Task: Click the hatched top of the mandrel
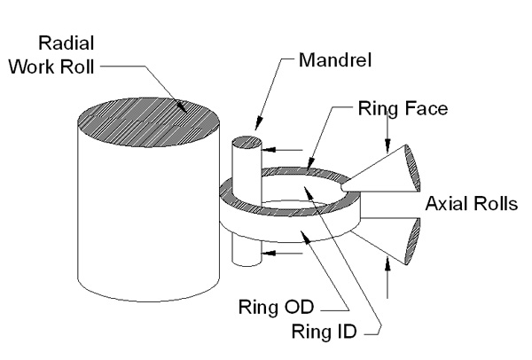[x=244, y=142]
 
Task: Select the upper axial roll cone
[x=381, y=172]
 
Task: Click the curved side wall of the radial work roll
[x=133, y=222]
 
